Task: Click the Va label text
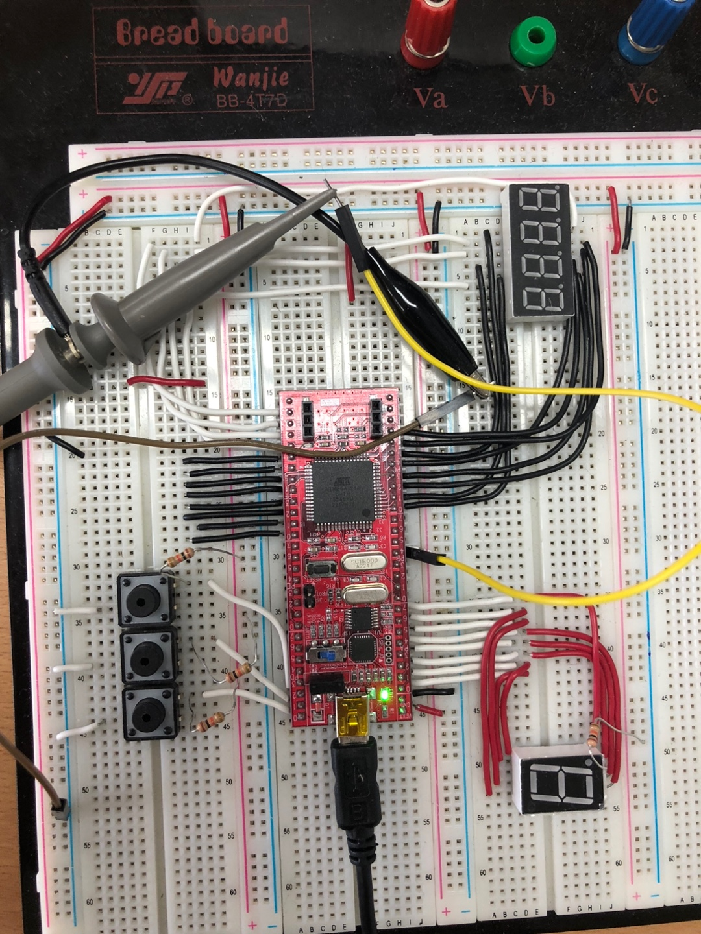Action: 430,98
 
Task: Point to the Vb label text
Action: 537,96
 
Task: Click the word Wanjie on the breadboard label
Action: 251,78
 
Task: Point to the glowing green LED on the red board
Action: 386,696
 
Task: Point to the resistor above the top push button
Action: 180,557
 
